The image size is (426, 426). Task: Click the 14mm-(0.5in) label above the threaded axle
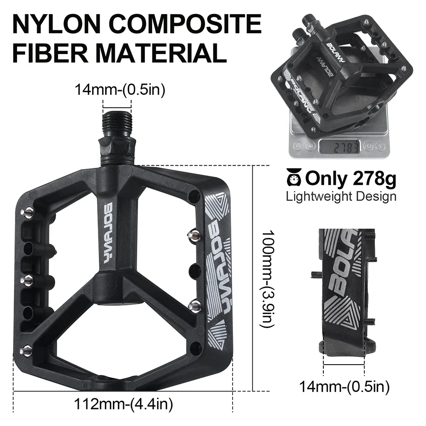tap(120, 90)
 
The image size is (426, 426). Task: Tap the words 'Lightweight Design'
tap(341, 196)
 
